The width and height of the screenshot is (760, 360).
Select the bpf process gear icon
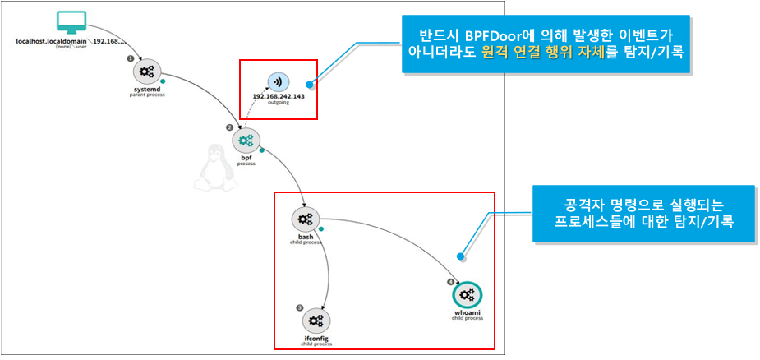click(x=246, y=141)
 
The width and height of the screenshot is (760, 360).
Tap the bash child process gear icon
click(x=305, y=219)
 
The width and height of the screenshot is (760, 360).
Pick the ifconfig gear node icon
click(x=315, y=319)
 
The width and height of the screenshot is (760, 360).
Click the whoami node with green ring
click(x=467, y=295)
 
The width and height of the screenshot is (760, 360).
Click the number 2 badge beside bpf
click(x=230, y=127)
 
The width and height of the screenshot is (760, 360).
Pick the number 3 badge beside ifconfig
click(x=299, y=307)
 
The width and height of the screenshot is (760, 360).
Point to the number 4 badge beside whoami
click(x=450, y=282)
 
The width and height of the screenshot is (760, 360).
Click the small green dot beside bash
click(x=323, y=228)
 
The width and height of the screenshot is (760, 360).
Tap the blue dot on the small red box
click(x=310, y=82)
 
